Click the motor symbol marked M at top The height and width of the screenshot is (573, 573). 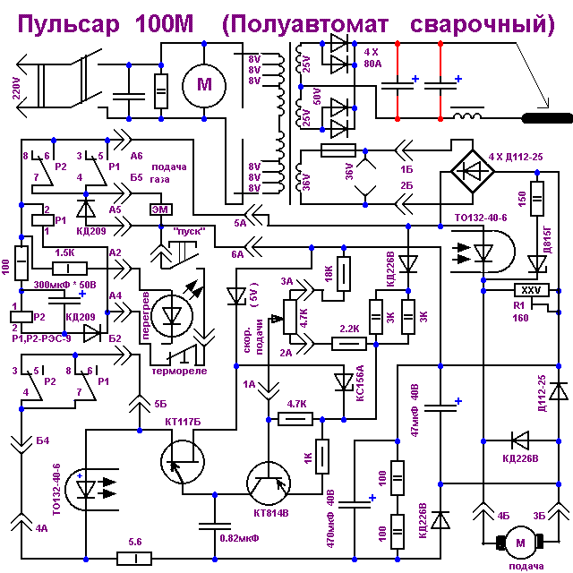click(198, 85)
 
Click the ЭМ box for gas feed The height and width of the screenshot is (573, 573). click(158, 210)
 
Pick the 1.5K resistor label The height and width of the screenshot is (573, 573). click(64, 253)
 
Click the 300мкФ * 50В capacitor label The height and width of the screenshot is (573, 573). click(63, 284)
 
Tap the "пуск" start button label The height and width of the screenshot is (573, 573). click(189, 231)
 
